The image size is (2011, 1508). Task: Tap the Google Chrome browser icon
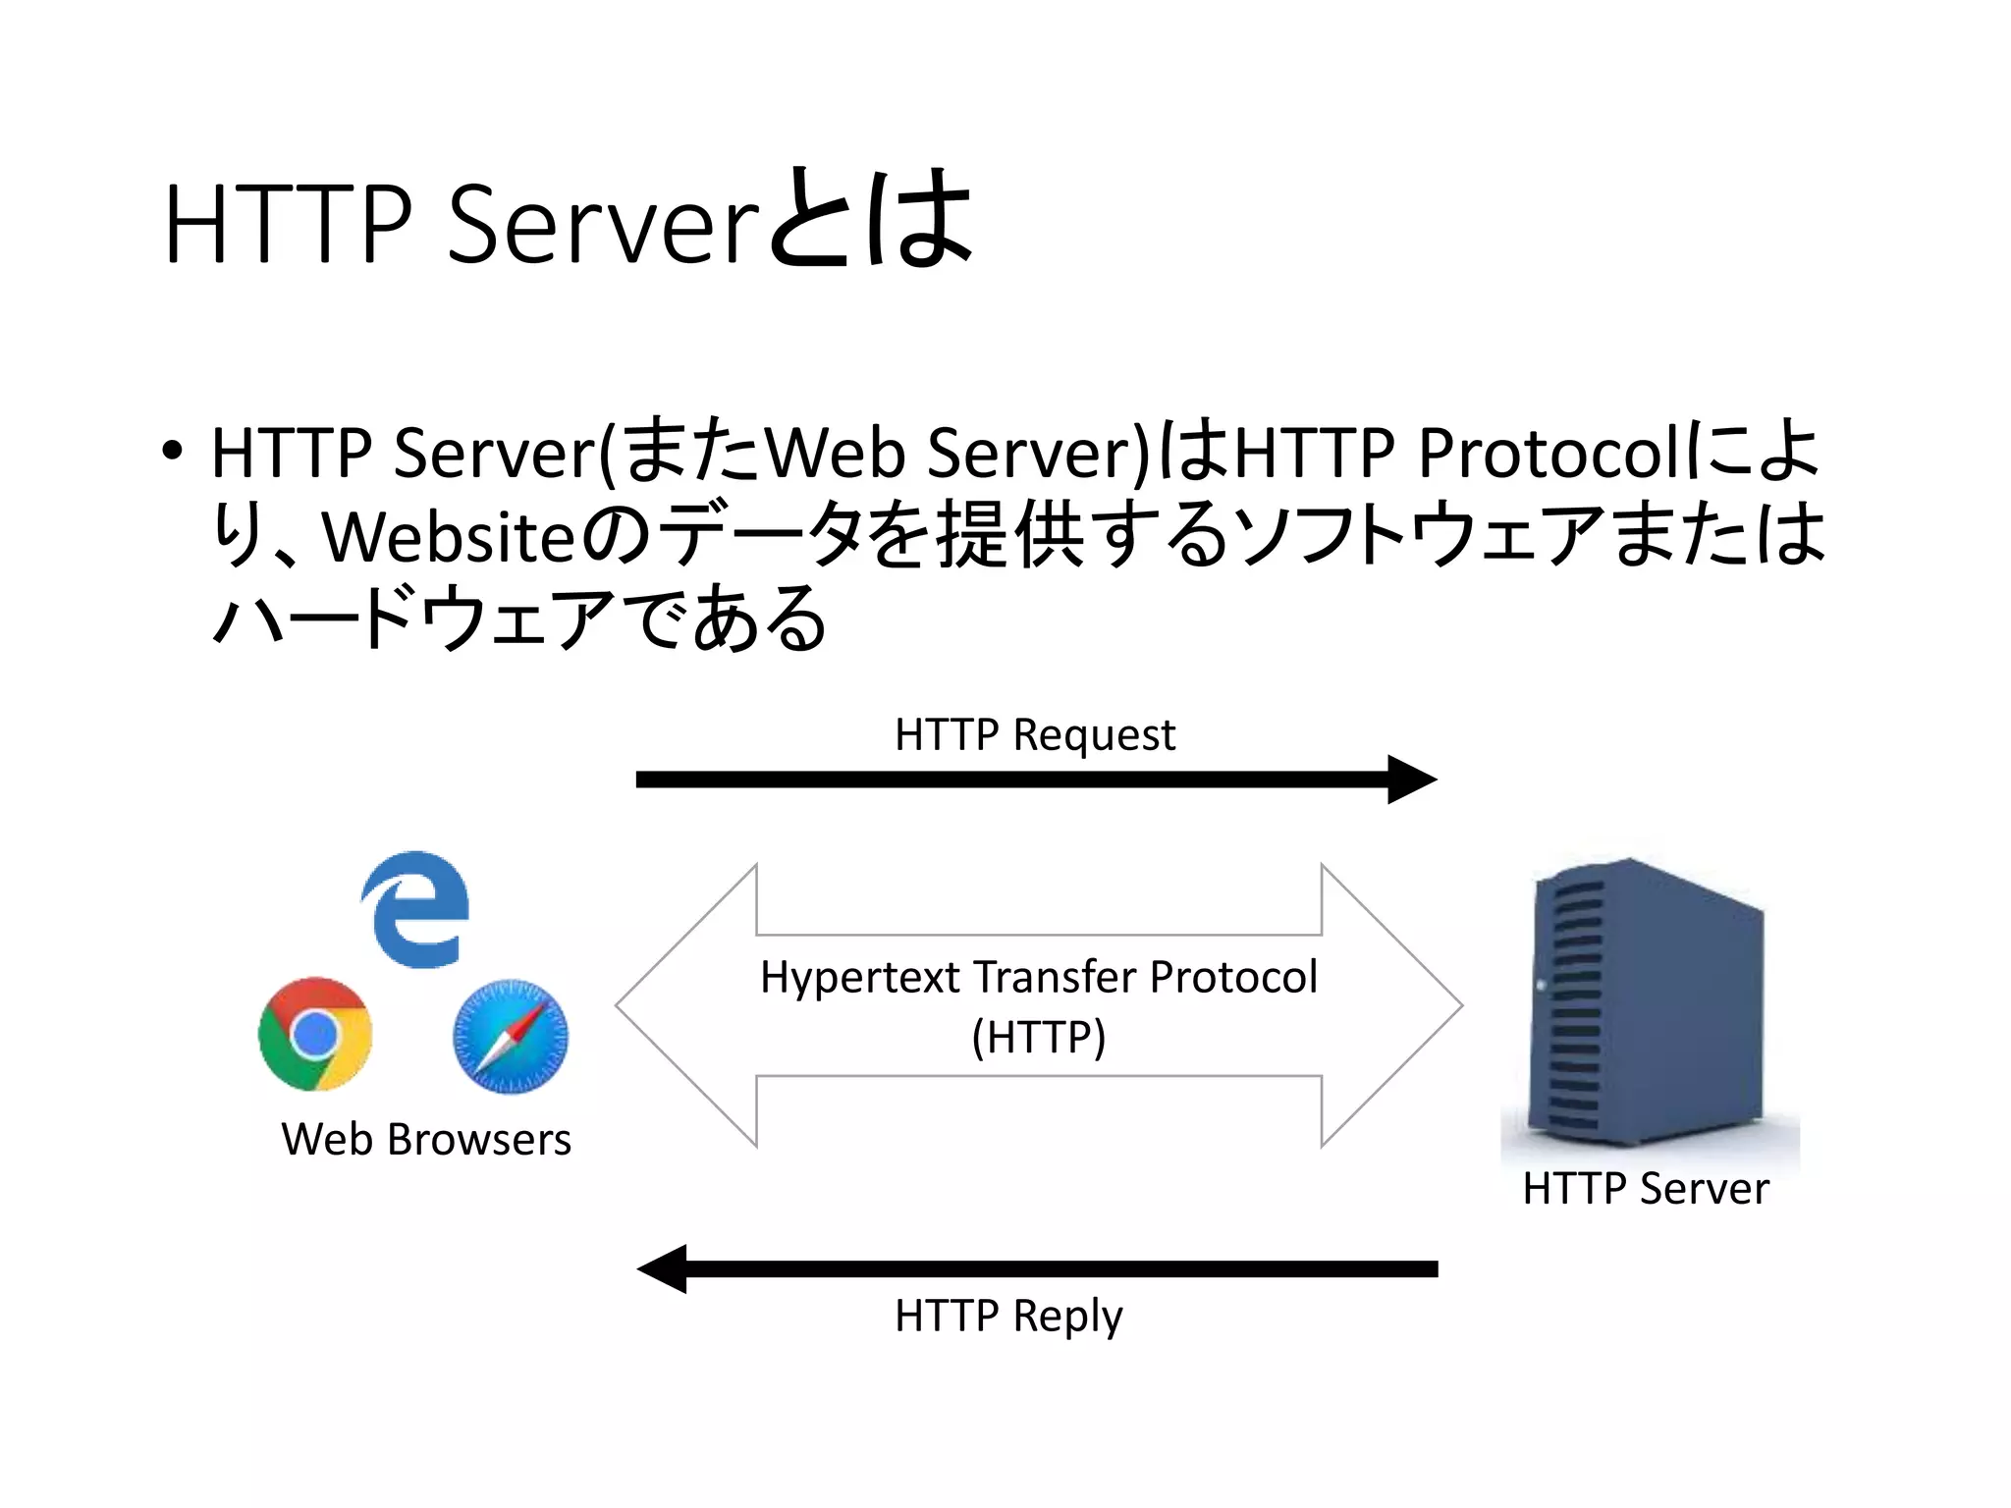pos(315,1034)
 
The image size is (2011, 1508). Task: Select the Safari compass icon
pos(511,1037)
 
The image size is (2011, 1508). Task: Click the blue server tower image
pos(1647,1001)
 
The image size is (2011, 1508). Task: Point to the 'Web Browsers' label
pos(426,1140)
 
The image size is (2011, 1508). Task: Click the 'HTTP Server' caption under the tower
pos(1646,1189)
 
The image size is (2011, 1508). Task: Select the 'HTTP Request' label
pos(1034,735)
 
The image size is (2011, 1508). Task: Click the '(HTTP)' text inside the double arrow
pos(1039,1037)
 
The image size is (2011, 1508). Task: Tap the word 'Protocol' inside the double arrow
pos(1233,978)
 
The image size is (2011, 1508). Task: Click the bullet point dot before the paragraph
pos(173,452)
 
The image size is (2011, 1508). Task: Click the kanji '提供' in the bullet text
pos(1011,535)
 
